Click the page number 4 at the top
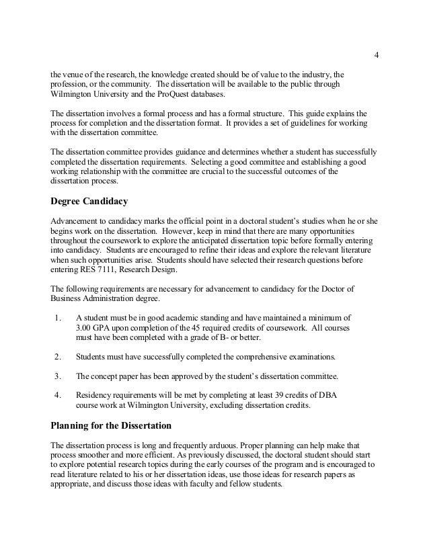click(x=376, y=54)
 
